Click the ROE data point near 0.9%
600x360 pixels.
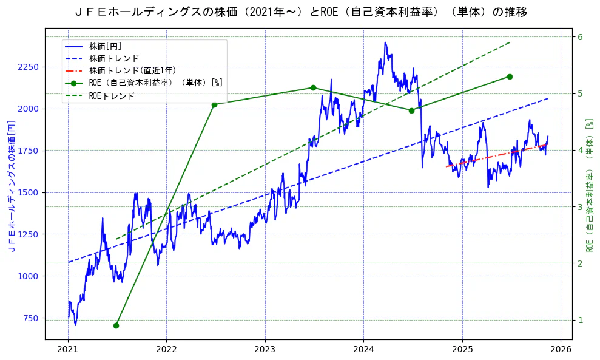click(x=116, y=325)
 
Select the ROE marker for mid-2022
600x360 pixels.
click(x=214, y=104)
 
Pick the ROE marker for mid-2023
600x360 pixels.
click(x=313, y=87)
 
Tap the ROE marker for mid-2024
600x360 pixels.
click(x=411, y=110)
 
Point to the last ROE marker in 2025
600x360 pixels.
click(x=510, y=76)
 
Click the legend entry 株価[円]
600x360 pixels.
click(x=106, y=46)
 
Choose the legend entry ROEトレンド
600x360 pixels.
click(x=112, y=96)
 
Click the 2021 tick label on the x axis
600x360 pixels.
click(x=68, y=349)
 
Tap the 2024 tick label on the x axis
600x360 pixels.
click(x=363, y=349)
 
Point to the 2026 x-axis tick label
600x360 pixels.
click(x=561, y=349)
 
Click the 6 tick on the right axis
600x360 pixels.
click(x=580, y=37)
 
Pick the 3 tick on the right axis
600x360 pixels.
click(x=580, y=207)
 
